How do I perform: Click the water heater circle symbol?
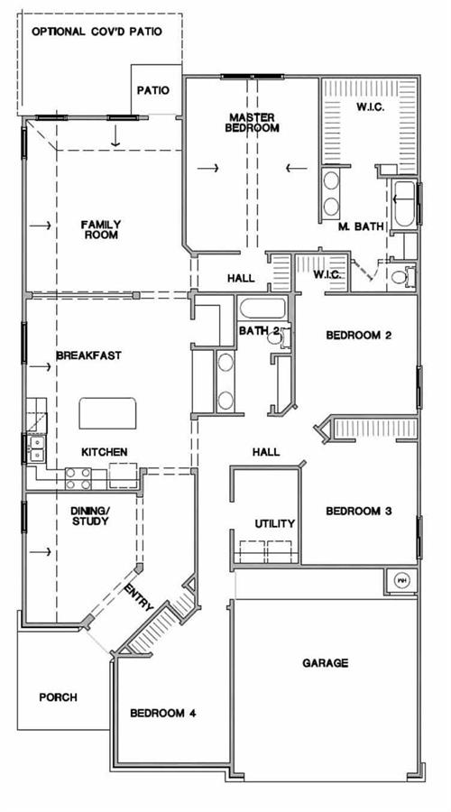tap(400, 580)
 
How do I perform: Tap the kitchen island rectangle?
tap(107, 413)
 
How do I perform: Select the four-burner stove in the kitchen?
tap(78, 478)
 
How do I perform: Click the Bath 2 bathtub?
tap(262, 309)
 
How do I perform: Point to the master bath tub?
tap(404, 204)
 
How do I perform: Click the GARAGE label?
tap(326, 663)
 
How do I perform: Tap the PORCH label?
tap(58, 697)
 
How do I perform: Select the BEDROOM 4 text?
tap(163, 713)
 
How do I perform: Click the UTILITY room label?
tap(274, 523)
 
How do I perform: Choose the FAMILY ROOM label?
tap(101, 229)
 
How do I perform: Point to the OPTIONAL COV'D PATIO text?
tap(97, 32)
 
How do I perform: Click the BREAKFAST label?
tap(88, 355)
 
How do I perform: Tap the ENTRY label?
tap(140, 597)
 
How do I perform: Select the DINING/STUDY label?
tap(90, 516)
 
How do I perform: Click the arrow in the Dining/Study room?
tap(41, 552)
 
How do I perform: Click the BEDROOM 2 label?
tap(358, 335)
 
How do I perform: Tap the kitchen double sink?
tap(37, 448)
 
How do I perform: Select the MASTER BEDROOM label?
tap(253, 123)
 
